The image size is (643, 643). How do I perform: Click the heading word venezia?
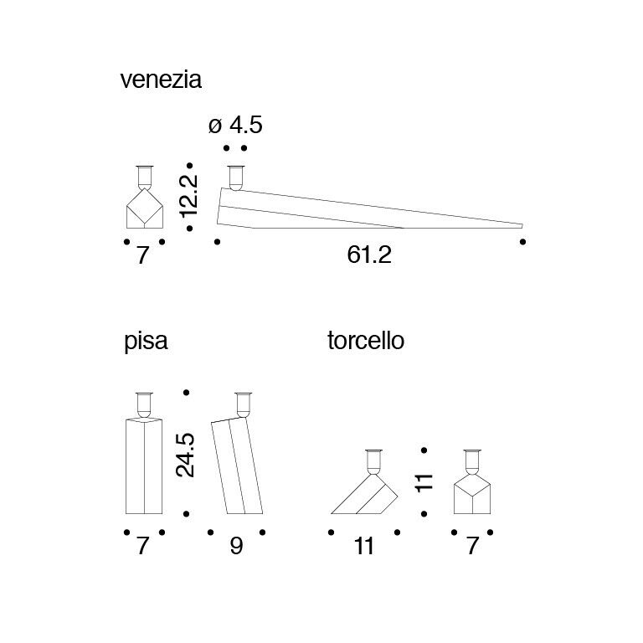point(161,80)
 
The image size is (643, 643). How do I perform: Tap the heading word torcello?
point(366,342)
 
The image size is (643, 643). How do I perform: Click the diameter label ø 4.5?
point(235,126)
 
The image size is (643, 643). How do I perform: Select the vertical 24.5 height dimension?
point(186,455)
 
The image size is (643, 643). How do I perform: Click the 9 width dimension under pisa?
point(237,547)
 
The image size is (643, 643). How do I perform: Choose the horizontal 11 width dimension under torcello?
point(363,547)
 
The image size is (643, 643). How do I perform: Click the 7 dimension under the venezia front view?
point(142,255)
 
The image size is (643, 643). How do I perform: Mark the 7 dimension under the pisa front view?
point(142,547)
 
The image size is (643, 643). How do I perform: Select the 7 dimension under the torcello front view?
point(472,547)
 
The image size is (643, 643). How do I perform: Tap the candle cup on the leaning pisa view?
point(243,404)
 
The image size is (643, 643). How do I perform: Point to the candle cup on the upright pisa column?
point(144,404)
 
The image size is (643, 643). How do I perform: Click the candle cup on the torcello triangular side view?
point(374,462)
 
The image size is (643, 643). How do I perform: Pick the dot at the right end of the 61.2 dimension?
point(522,242)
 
